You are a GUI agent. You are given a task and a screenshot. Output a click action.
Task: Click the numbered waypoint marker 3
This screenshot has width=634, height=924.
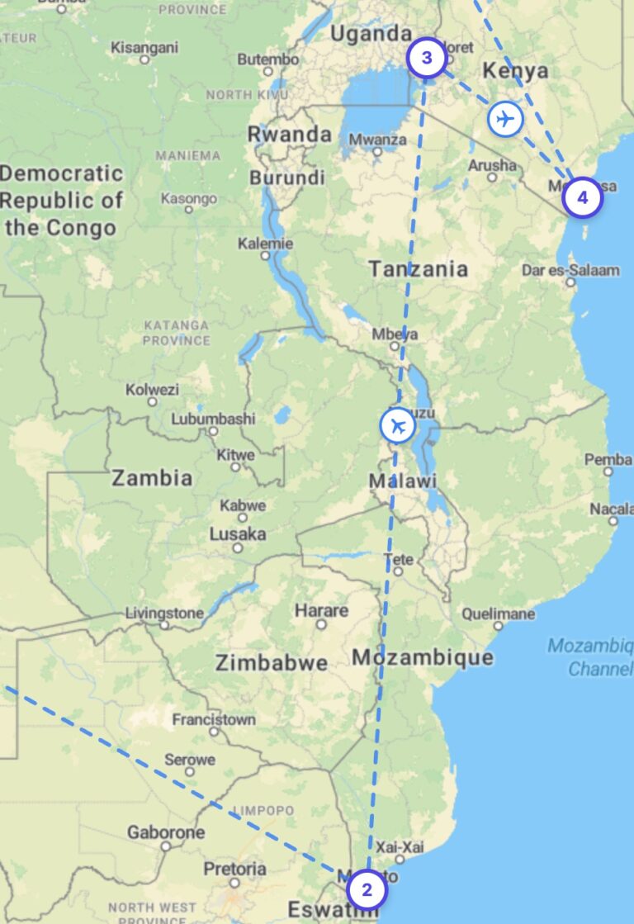coord(427,58)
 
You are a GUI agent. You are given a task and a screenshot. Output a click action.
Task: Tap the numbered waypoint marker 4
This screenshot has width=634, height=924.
coord(583,198)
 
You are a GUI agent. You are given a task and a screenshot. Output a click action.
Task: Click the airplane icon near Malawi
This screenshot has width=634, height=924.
coord(399,426)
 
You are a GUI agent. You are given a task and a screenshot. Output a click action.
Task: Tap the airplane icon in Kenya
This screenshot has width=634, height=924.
coord(504,119)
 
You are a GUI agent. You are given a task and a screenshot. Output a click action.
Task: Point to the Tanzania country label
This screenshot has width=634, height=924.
coord(418,268)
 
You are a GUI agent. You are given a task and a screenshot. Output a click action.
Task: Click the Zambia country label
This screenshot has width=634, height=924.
coord(152,477)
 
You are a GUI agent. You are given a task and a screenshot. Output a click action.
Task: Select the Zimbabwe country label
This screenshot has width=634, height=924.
coord(271,662)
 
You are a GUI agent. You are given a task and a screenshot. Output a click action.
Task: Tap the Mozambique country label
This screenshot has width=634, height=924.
coord(423,657)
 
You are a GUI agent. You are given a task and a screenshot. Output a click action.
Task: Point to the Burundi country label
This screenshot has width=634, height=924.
coord(286,178)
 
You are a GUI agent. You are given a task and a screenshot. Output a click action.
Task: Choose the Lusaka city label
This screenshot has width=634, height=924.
coord(238,534)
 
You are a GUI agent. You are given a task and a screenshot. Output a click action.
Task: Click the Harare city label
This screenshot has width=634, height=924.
coord(321,611)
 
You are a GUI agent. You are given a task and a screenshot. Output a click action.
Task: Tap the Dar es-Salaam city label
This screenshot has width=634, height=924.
coord(570,270)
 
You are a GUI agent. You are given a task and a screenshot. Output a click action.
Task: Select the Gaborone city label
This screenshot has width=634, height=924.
coord(165,832)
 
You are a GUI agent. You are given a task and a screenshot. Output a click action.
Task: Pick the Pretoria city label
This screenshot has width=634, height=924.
coord(234,869)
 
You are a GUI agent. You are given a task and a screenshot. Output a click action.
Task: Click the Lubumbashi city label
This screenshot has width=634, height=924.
coord(213,419)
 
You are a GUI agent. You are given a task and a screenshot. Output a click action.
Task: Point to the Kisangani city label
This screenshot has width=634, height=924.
coord(144,47)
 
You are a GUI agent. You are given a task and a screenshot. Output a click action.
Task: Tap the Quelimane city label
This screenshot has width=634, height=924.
coord(498,614)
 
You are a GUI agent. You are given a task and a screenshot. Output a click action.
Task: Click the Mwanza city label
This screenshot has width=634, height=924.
coord(377,140)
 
